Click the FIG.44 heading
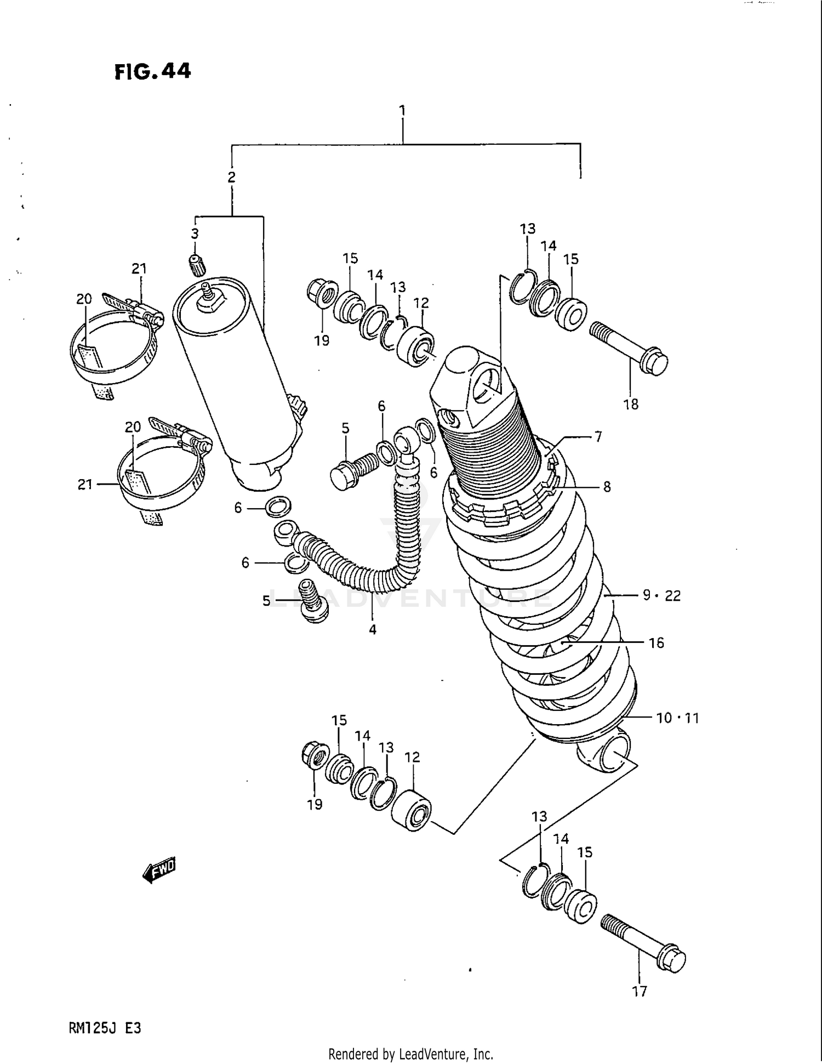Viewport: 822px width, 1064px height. [x=153, y=71]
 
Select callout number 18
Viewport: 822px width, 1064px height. [x=631, y=404]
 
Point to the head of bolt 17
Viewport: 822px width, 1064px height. [x=672, y=959]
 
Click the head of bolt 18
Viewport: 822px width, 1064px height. [x=654, y=362]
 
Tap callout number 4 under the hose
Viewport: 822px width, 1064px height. [x=373, y=629]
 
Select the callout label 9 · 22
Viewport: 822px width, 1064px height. [x=662, y=595]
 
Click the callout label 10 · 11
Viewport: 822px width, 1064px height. [x=678, y=718]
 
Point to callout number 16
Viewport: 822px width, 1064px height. [x=656, y=642]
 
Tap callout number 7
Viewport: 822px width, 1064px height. [x=598, y=436]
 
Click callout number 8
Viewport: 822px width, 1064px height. [x=607, y=486]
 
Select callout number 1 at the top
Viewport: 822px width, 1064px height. [x=403, y=111]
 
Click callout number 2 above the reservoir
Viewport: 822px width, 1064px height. [x=231, y=177]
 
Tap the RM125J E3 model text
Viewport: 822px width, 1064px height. [x=105, y=1028]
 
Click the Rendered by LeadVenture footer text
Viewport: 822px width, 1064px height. [x=410, y=1054]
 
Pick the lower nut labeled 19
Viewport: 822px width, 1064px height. [x=316, y=757]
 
